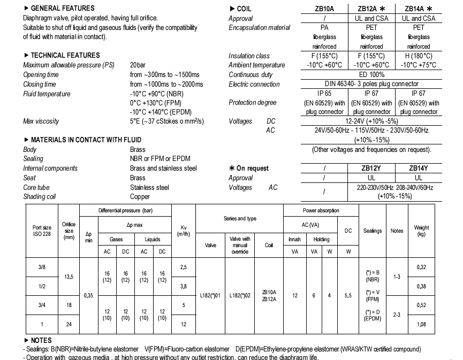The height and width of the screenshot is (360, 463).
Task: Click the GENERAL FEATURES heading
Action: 62,9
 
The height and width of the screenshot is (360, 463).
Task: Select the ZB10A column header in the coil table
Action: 324,9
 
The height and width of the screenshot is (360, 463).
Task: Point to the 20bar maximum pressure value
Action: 138,65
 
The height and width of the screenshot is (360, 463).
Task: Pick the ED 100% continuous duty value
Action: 371,75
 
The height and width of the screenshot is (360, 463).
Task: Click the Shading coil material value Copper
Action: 140,197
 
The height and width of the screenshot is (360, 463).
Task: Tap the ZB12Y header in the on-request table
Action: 371,168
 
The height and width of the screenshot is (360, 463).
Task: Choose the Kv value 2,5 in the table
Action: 184,266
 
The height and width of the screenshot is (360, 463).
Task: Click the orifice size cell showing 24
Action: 69,325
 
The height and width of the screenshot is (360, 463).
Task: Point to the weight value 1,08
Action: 422,325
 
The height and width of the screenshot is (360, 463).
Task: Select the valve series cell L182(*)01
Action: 210,295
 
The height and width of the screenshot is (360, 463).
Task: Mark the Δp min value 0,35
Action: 89,295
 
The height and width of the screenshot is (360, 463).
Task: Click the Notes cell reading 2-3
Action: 397,315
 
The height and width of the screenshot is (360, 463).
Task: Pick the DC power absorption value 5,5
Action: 348,295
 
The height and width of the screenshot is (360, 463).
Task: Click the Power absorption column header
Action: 321,211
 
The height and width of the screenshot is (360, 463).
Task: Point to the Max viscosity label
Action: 41,121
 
